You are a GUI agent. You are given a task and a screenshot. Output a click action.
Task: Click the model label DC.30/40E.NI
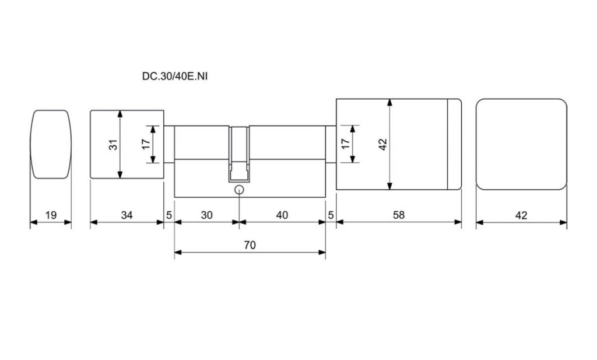click(175, 76)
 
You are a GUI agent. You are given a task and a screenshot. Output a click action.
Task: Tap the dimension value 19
click(51, 215)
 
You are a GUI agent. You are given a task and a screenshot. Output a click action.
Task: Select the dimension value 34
click(127, 215)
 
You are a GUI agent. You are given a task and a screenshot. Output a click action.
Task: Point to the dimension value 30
click(206, 215)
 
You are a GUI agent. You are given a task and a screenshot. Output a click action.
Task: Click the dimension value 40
click(282, 215)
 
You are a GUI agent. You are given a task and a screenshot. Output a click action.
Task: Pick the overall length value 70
click(250, 245)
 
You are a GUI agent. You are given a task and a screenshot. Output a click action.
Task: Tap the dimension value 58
click(398, 215)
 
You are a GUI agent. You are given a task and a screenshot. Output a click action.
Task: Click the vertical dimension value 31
click(114, 145)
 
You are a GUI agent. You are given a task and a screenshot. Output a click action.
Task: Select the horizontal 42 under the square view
click(521, 216)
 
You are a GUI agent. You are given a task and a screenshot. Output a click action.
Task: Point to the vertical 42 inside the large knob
click(382, 144)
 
